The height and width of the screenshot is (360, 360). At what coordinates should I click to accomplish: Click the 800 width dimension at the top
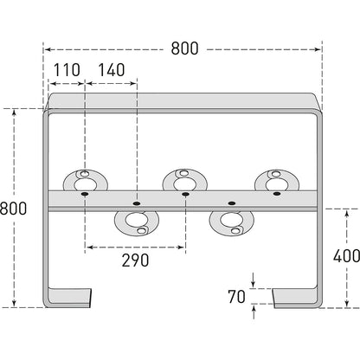(184, 48)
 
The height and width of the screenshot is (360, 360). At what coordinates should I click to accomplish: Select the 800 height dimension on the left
(13, 209)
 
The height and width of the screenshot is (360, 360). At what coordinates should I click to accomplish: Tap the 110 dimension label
(67, 70)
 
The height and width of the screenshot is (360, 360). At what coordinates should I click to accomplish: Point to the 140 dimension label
(112, 70)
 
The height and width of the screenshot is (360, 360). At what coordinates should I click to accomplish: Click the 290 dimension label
(135, 260)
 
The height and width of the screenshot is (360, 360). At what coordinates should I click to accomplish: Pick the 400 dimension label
(346, 255)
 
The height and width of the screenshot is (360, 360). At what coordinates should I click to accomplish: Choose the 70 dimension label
(236, 297)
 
